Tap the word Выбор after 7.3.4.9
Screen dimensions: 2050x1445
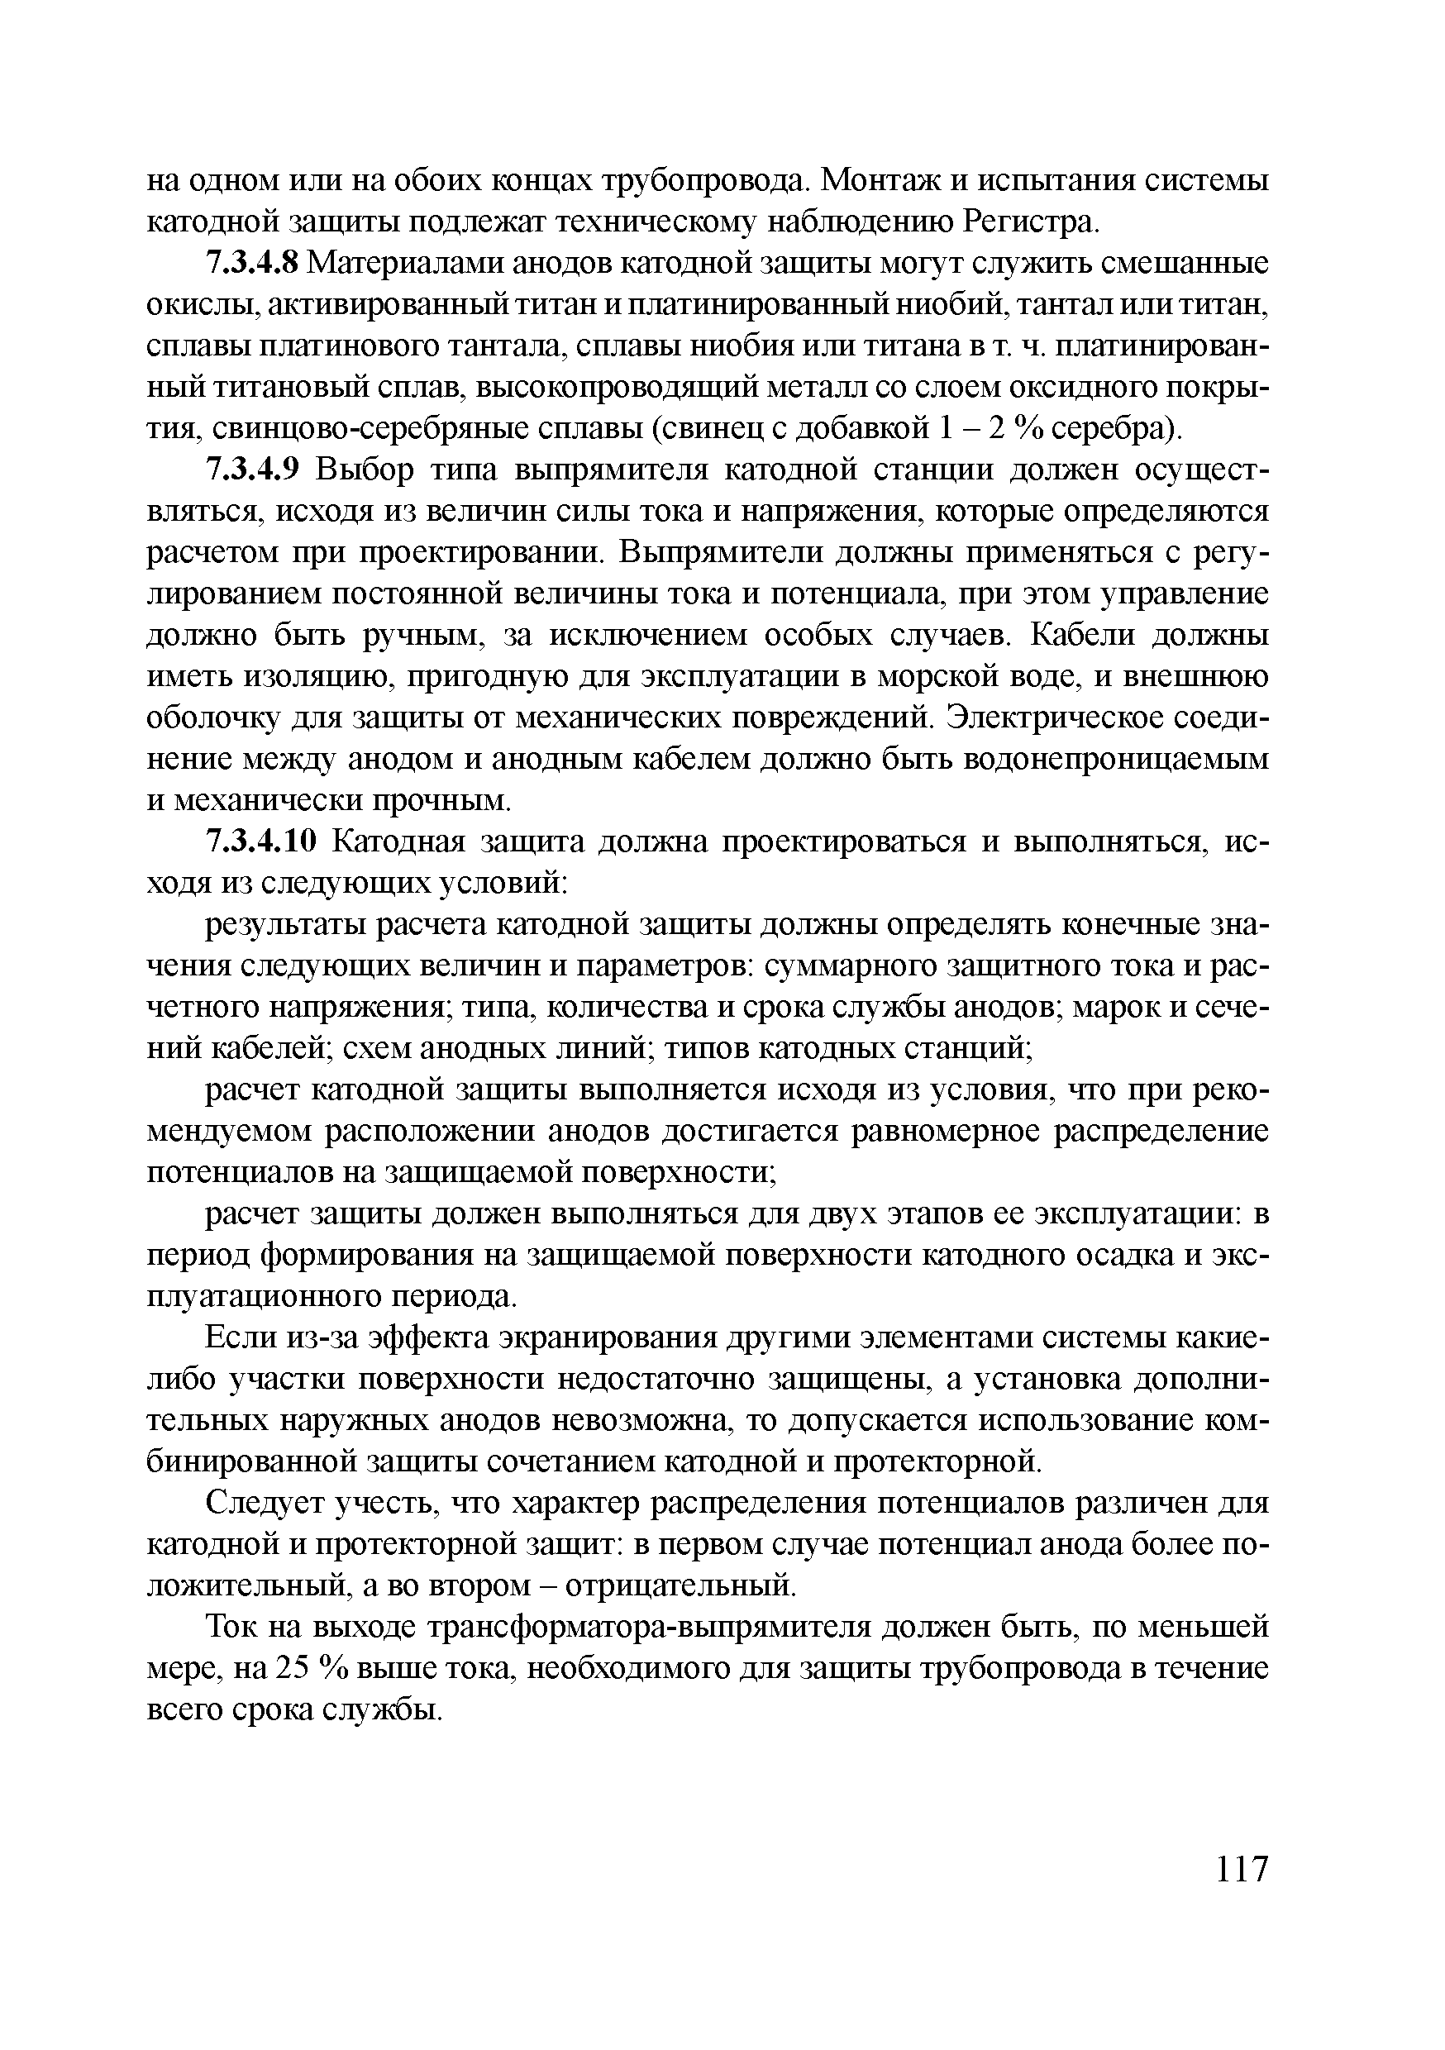(x=365, y=470)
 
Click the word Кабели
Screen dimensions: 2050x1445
(x=1080, y=636)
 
